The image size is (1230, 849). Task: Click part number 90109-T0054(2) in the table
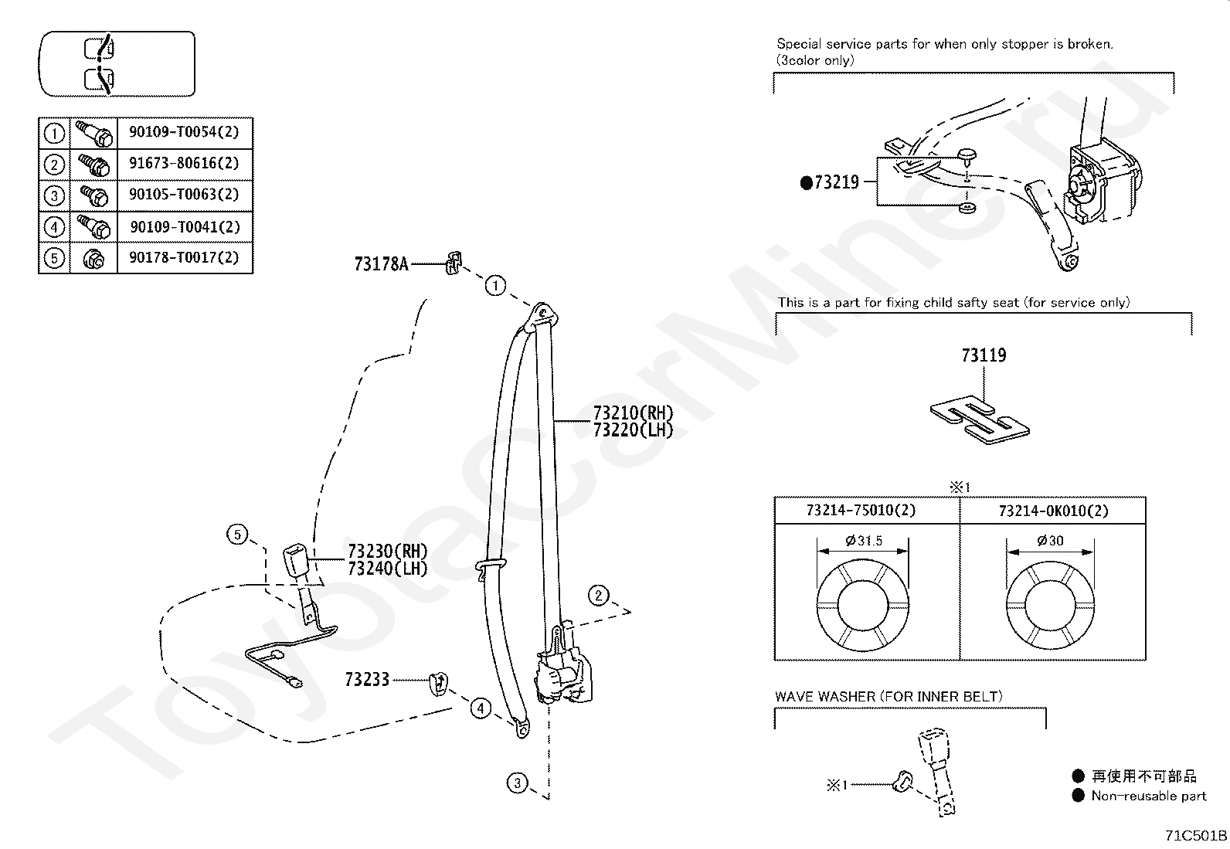coord(184,132)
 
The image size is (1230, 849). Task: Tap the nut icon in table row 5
coord(93,258)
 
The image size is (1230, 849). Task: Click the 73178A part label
coord(381,264)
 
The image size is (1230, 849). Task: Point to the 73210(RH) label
coord(633,413)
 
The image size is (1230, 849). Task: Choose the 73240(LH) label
coord(388,569)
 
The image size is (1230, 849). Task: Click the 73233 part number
coord(367,680)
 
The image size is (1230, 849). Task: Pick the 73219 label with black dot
coord(829,182)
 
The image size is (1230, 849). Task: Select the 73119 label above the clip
coord(984,355)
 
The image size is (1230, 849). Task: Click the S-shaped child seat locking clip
coord(980,419)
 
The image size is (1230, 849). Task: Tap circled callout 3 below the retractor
coord(517,783)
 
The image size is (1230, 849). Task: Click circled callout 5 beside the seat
coord(237,535)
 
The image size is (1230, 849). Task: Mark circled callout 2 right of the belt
coord(599,596)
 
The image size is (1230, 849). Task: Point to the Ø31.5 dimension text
coord(864,541)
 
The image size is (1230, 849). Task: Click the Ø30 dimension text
coord(1051,541)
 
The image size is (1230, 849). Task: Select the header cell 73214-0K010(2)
coord(1053,511)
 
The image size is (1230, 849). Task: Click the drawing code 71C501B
coord(1195,835)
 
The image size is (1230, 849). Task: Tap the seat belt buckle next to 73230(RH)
coord(296,560)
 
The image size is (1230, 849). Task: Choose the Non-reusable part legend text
coord(1148,796)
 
